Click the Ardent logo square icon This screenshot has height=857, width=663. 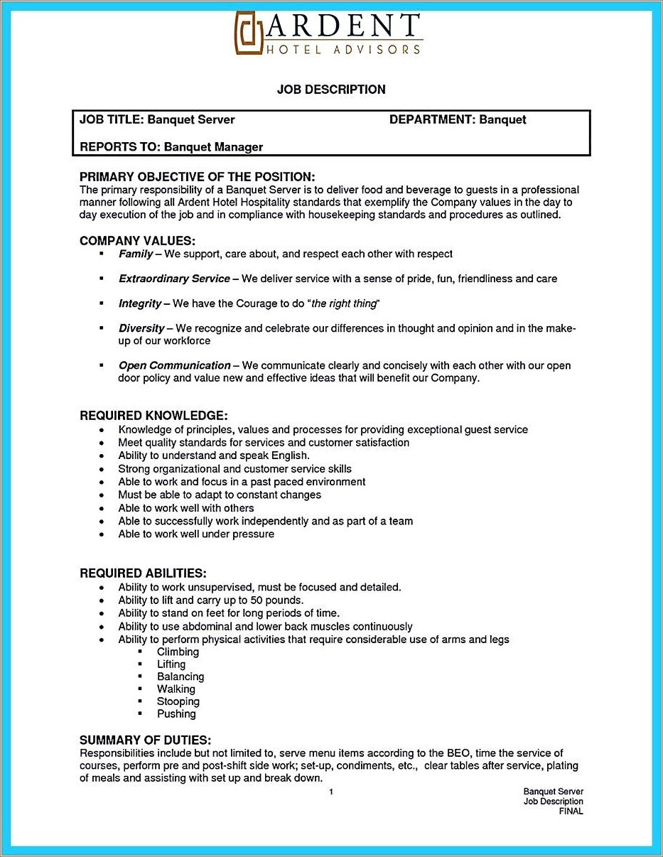click(249, 34)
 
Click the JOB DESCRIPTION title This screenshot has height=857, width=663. click(331, 90)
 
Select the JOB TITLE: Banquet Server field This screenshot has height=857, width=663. click(157, 120)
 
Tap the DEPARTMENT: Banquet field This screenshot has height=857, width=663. click(458, 120)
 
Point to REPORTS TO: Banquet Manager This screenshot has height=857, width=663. click(171, 147)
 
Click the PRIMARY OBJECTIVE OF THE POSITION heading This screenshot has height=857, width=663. click(197, 177)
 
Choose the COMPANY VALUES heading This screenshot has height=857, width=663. click(137, 241)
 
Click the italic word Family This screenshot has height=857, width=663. click(136, 254)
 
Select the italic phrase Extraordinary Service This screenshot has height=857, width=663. click(174, 279)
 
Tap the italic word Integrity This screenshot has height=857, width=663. click(140, 303)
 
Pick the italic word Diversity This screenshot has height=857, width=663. click(141, 328)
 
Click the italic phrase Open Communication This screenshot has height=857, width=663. click(174, 365)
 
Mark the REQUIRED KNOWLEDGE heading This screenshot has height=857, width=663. click(153, 416)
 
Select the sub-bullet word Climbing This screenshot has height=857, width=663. click(178, 652)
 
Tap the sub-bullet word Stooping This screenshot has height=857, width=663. click(178, 701)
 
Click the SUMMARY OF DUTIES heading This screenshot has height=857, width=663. click(145, 740)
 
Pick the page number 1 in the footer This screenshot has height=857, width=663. click(331, 792)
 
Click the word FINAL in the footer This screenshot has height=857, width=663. click(571, 811)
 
